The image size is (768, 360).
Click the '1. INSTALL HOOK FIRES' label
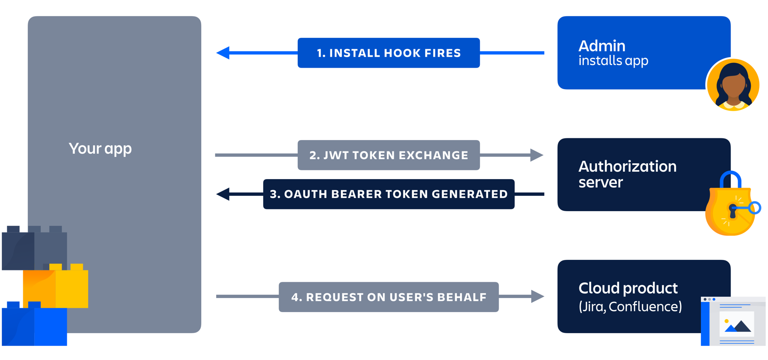tap(388, 53)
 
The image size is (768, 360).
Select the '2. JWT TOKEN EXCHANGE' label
tap(388, 155)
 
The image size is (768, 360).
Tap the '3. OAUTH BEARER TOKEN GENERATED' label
tap(388, 194)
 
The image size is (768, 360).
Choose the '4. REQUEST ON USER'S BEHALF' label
tap(388, 297)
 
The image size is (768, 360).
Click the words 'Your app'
tap(100, 148)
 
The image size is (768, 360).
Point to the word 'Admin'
tap(601, 46)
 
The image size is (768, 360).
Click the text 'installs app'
tap(613, 61)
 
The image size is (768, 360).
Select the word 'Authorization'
tap(627, 166)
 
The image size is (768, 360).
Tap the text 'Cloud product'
tap(627, 288)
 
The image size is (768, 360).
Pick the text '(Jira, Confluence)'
tap(630, 306)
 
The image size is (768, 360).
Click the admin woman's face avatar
tap(733, 85)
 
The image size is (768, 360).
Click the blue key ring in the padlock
tap(755, 208)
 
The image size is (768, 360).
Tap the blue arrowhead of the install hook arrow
tap(223, 53)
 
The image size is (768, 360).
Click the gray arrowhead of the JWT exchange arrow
tap(536, 155)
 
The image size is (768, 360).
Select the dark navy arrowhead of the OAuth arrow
tap(223, 194)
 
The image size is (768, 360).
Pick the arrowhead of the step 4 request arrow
tap(537, 297)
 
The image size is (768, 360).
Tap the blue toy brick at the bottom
tap(34, 325)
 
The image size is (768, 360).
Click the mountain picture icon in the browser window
tap(737, 325)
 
